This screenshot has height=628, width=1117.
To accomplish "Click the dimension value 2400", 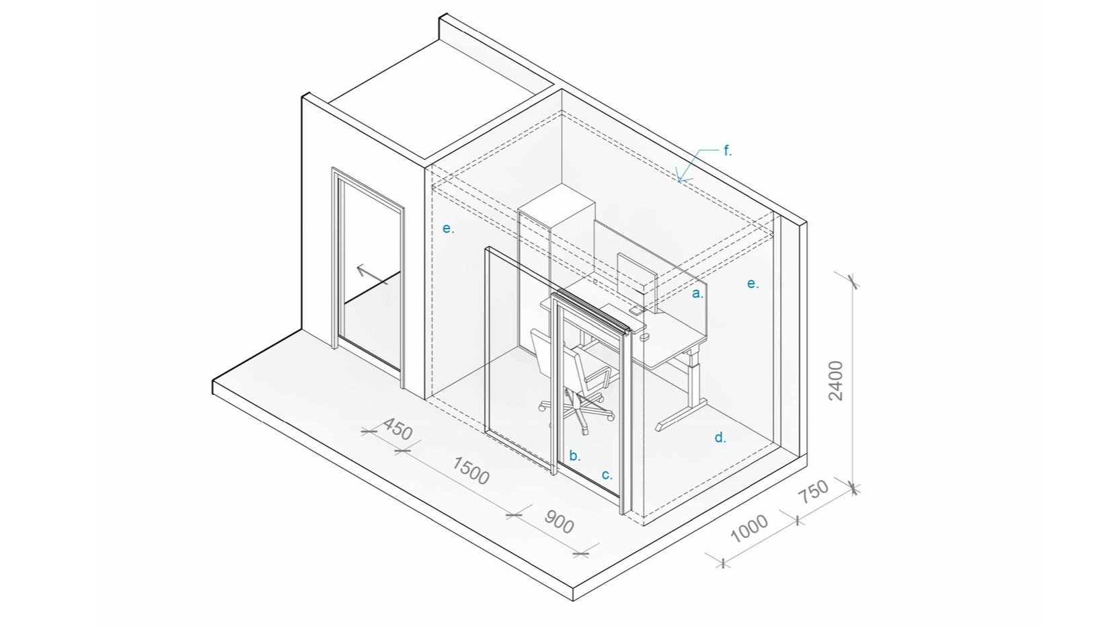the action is coord(836,381).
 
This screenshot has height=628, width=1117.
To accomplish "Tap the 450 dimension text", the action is coord(397,429).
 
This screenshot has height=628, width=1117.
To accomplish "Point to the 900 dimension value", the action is coord(558,521).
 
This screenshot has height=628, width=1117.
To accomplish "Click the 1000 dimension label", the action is coord(749,528).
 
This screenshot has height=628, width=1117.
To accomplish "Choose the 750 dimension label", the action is coord(813,491).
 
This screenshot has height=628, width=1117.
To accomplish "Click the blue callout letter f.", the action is coord(728,150).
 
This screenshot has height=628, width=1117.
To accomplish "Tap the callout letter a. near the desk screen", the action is coord(697,294).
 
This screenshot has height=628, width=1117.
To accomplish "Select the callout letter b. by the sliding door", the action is coord(575,455).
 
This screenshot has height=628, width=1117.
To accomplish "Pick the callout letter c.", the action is coord(607,475).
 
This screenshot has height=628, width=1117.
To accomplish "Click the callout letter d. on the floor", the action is coord(720,438).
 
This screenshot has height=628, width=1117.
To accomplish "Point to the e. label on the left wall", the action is coord(449,229).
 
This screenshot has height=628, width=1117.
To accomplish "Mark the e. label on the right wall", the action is coord(753,284).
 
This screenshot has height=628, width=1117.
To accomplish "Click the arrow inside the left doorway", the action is coord(372,275).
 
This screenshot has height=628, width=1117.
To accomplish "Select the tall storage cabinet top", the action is coord(557,205).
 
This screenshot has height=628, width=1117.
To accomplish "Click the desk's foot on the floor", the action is coord(681,414).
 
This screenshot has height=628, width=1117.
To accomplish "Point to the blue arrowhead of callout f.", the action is coord(681,178).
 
